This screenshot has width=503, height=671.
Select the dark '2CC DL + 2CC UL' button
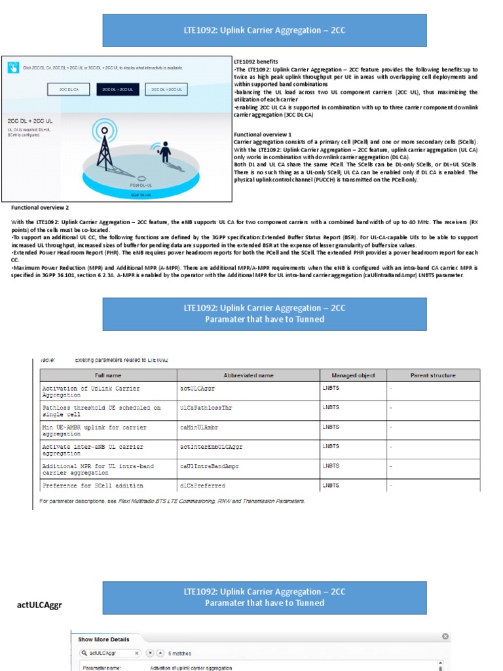click(x=117, y=89)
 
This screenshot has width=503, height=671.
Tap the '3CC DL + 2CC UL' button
click(x=166, y=89)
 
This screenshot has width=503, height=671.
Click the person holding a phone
click(x=164, y=153)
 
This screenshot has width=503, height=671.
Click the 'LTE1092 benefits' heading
click(x=255, y=62)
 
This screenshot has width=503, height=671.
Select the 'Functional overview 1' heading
click(x=263, y=134)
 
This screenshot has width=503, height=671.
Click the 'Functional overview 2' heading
click(x=40, y=207)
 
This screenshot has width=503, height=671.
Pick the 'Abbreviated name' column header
click(x=248, y=375)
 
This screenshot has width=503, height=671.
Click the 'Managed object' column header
click(x=353, y=375)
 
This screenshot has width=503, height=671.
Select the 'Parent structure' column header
click(x=433, y=375)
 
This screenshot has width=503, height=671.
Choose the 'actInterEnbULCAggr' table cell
click(x=211, y=446)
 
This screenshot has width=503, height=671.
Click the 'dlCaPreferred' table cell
click(x=202, y=486)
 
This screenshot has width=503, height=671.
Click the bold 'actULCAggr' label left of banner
click(x=39, y=605)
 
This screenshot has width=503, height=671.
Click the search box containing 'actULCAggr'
click(x=110, y=653)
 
